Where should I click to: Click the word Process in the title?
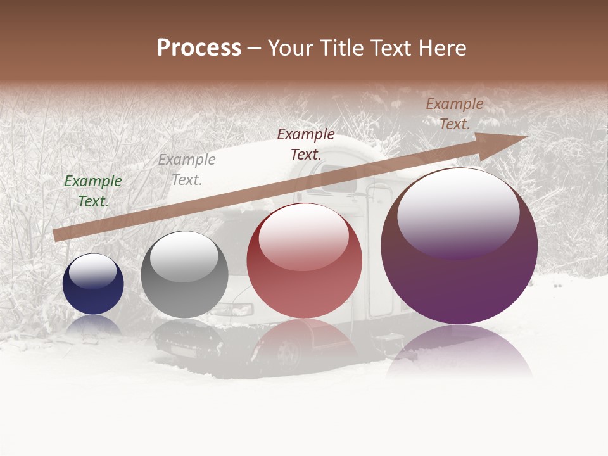coord(199,48)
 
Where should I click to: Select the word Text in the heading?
coord(392,48)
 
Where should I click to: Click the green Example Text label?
coord(93,191)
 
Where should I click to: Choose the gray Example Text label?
coord(187,169)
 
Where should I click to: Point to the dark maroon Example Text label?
coord(306,144)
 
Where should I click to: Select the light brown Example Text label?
coord(454,114)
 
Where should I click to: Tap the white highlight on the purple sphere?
coord(458,212)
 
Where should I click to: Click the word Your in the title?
coord(291,48)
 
